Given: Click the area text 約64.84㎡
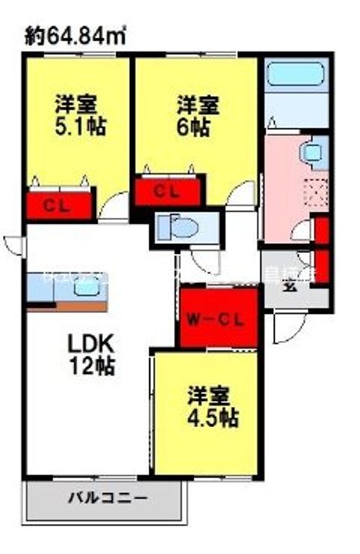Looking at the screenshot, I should pos(75,34).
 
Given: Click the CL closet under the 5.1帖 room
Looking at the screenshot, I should pos(58,205).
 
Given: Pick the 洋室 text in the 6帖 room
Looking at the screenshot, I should pos(198,103).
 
